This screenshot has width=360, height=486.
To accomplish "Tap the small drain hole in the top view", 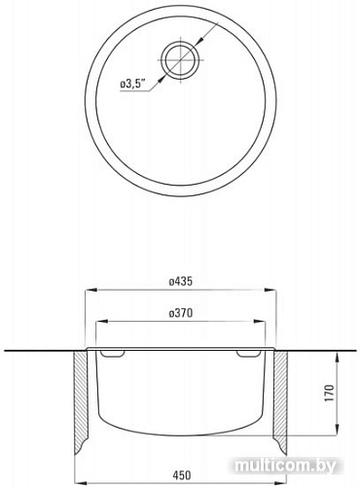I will (x=181, y=60).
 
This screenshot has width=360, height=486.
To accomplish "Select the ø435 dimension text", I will (x=181, y=281).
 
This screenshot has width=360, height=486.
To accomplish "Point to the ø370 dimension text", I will (x=181, y=314).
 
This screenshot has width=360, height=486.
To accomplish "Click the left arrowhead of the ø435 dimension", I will (x=90, y=290).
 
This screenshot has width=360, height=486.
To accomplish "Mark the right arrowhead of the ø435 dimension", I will (x=272, y=290).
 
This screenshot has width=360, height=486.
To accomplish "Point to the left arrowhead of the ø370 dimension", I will (x=104, y=324).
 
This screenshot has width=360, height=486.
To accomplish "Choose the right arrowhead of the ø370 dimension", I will (x=259, y=324).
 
